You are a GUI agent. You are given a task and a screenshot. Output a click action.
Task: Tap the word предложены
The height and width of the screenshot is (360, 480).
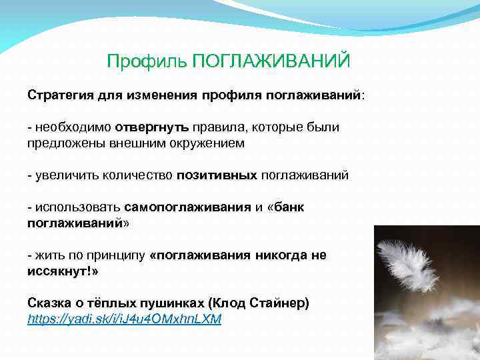pyautogui.click(x=65, y=143)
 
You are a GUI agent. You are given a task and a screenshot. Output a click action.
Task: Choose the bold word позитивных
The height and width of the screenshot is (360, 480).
pyautogui.click(x=217, y=175)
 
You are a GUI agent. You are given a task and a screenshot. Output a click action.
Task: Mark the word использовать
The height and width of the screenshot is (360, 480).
pyautogui.click(x=78, y=207)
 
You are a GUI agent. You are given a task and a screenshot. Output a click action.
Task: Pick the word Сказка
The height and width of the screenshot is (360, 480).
pyautogui.click(x=49, y=303)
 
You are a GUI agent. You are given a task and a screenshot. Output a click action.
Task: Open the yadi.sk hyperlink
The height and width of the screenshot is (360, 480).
pyautogui.click(x=124, y=319)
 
